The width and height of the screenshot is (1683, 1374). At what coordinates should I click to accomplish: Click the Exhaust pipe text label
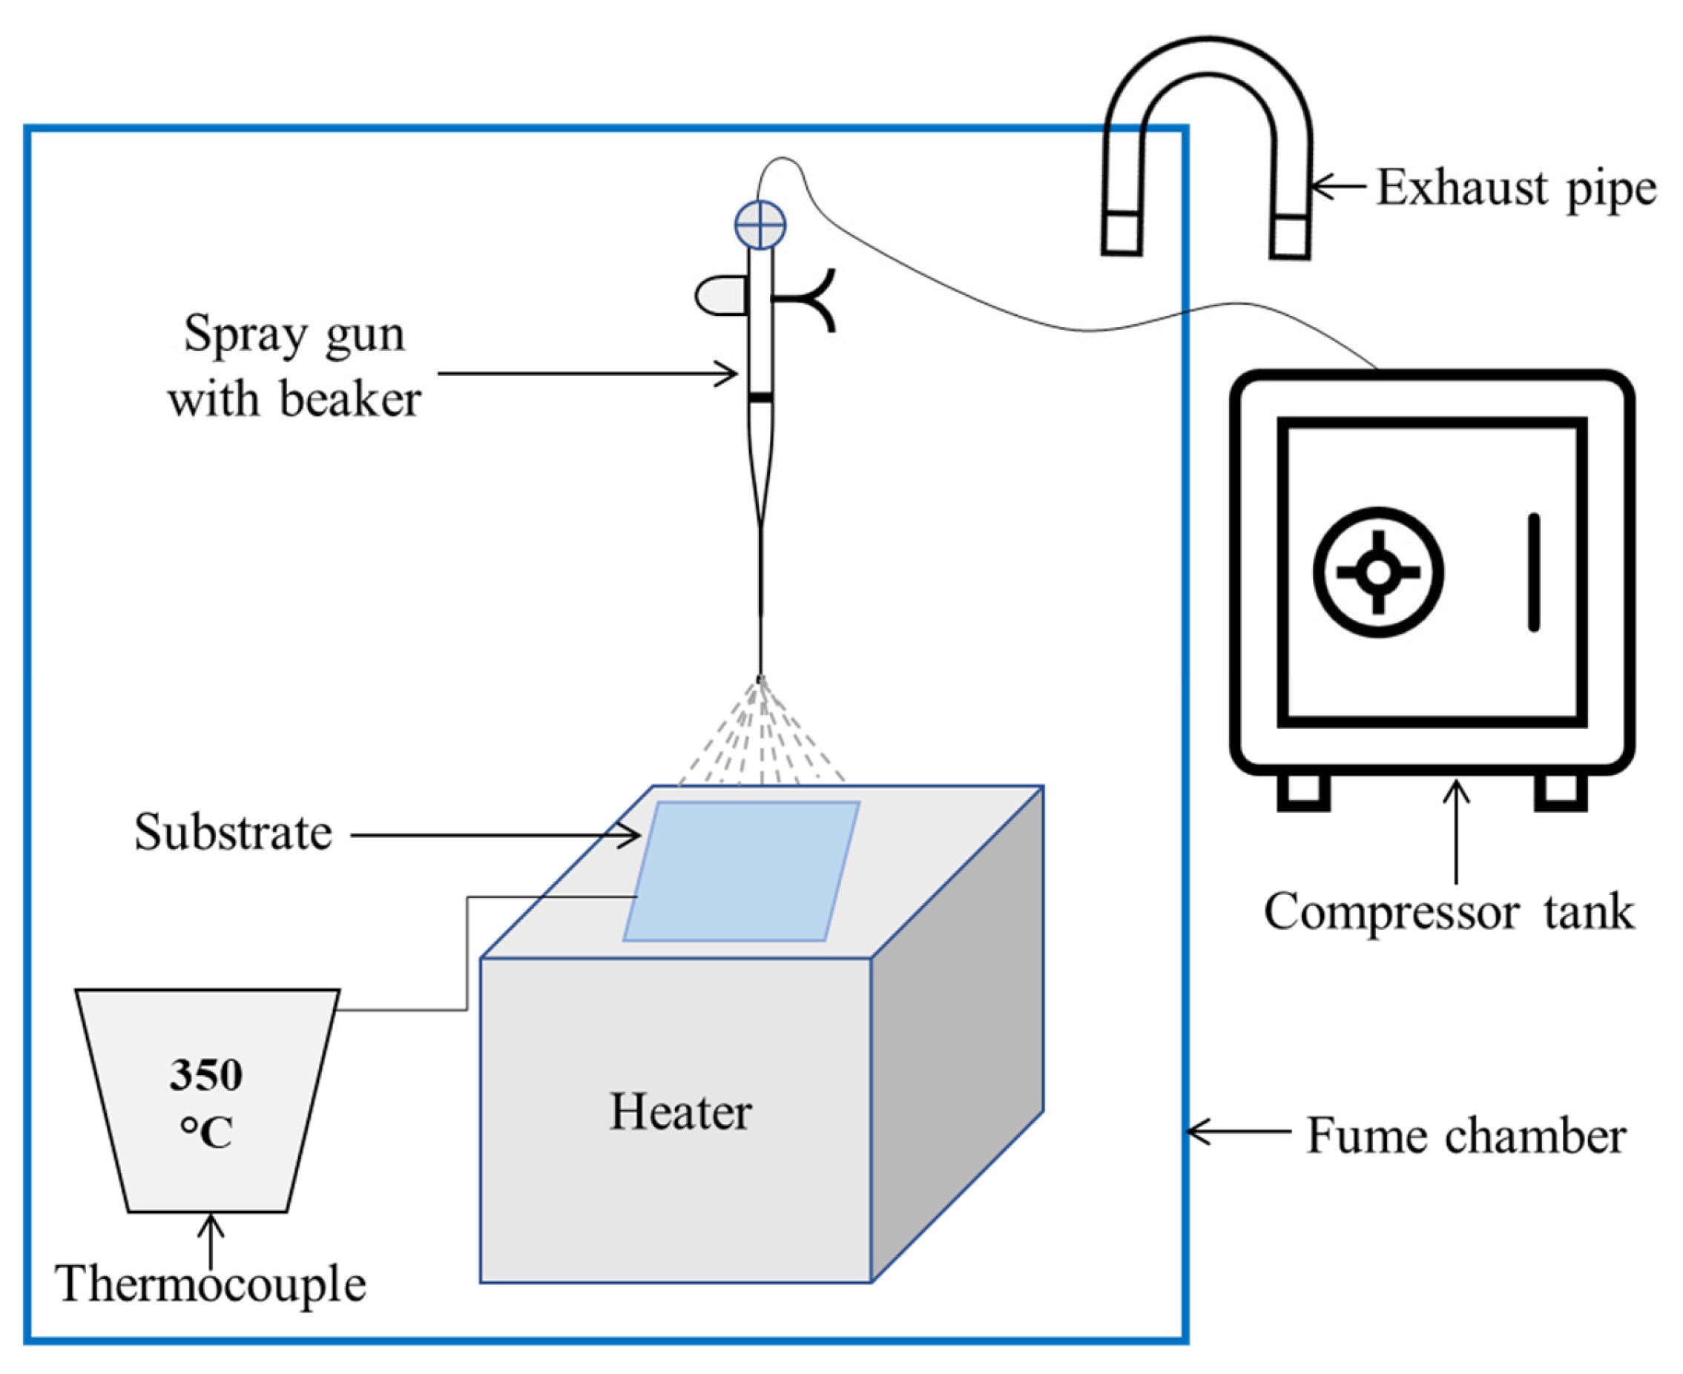click(1515, 188)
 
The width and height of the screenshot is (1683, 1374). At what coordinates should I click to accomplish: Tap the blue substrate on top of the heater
click(742, 871)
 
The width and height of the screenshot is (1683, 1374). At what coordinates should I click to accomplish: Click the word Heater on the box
click(680, 1112)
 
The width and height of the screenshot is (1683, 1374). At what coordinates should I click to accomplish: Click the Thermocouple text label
click(211, 1283)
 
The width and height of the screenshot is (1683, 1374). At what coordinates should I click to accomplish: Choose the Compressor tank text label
click(1449, 912)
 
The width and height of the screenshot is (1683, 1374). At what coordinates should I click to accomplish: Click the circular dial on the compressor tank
click(1378, 572)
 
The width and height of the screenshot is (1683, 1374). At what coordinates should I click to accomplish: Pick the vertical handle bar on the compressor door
click(1533, 572)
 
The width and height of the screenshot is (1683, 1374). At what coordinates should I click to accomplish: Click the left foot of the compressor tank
click(1304, 790)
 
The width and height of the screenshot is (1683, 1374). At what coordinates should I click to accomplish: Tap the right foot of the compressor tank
click(1561, 790)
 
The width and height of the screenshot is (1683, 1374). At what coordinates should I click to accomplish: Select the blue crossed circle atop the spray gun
click(760, 225)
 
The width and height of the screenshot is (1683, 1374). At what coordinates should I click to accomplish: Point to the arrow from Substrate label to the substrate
click(495, 834)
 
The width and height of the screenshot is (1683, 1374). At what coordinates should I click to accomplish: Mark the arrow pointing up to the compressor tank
click(1456, 831)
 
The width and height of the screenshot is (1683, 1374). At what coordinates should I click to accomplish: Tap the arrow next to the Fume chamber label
click(1239, 1132)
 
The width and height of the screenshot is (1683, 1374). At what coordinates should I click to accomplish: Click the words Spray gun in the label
click(294, 335)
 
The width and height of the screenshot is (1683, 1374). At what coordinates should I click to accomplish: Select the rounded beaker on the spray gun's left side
click(721, 295)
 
